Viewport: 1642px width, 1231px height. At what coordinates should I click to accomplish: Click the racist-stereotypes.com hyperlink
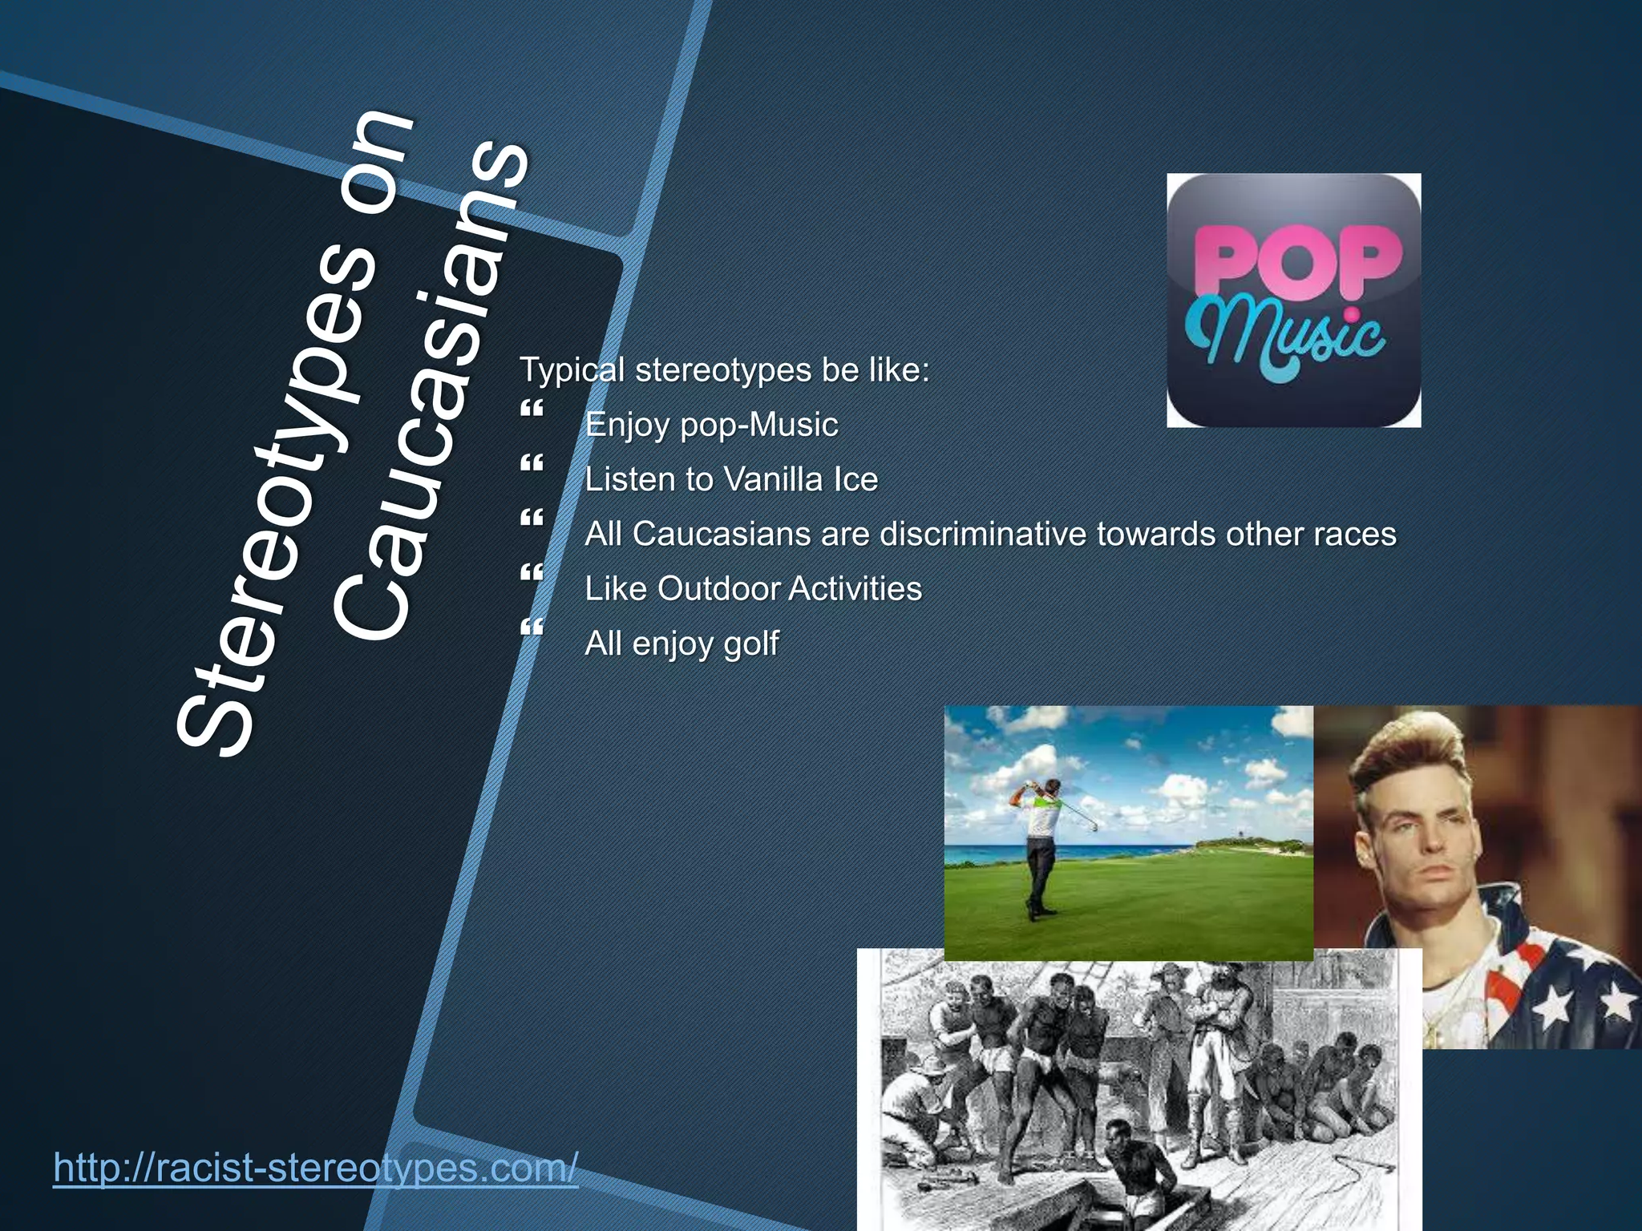pos(315,1168)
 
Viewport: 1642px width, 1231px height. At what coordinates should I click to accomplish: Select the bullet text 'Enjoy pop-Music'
pos(711,424)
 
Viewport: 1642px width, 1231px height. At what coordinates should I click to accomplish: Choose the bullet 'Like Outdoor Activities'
pos(753,588)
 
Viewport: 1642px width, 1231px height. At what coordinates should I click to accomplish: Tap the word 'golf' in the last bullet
pos(750,644)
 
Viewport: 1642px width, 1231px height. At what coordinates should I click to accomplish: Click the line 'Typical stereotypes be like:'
pos(724,369)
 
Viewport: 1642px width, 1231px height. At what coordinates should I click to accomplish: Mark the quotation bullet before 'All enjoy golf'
pos(532,628)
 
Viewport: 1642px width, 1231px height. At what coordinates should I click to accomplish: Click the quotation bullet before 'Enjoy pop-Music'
pos(532,409)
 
